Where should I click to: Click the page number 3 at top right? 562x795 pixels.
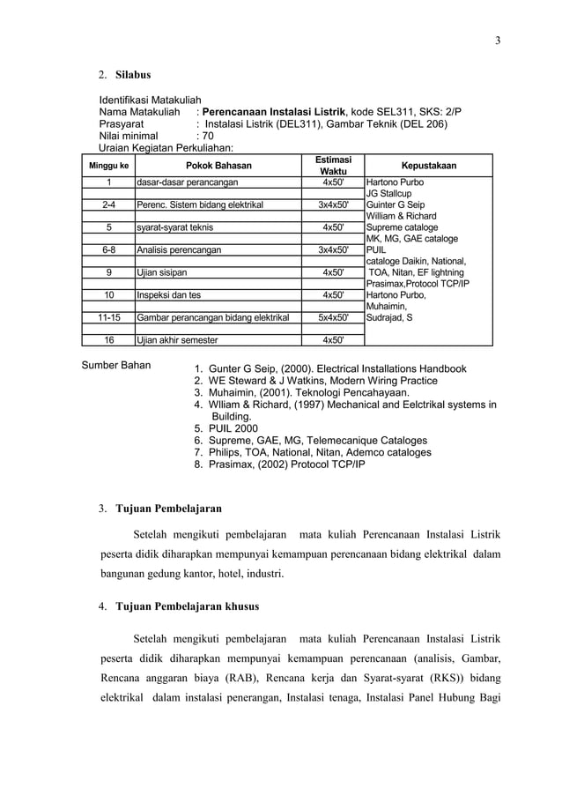pos(496,41)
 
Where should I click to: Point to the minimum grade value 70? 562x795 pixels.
pos(205,137)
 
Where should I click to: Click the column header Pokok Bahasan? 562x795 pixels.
pos(218,165)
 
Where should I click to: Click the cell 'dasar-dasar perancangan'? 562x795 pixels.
pos(187,182)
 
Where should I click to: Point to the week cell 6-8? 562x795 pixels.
pos(108,249)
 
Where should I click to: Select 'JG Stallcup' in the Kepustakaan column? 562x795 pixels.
pos(388,194)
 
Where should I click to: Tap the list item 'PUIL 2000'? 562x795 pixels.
pos(232,428)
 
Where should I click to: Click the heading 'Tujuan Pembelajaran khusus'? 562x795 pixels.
pos(188,607)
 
